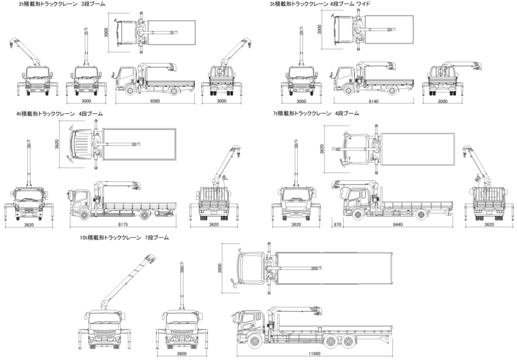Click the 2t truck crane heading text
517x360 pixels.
(62, 4)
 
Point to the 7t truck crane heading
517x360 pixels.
(316, 114)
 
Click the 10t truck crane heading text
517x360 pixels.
(124, 237)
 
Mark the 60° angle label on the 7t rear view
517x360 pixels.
(477, 178)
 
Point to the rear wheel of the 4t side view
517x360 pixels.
(145, 215)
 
